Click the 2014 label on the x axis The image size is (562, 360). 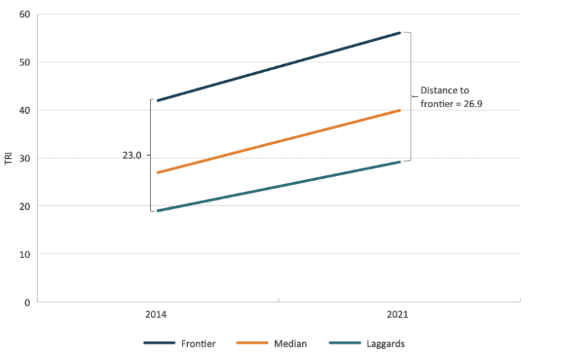point(156,315)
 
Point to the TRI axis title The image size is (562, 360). point(9,158)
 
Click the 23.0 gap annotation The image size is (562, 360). point(132,156)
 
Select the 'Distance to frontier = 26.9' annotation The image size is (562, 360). point(446,97)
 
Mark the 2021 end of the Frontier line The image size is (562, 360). point(399,32)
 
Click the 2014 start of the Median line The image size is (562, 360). point(157,173)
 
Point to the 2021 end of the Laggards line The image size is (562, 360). point(399,161)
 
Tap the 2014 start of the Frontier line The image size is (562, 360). point(157,101)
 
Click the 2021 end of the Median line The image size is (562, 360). point(399,111)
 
